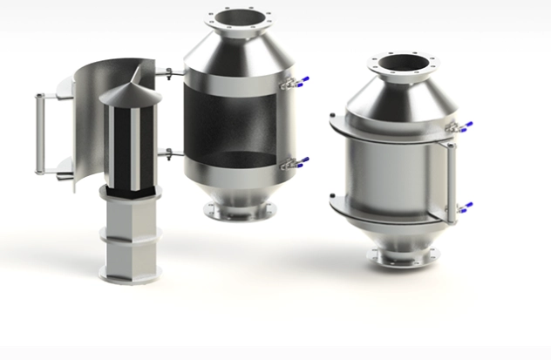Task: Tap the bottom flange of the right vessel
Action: point(402,258)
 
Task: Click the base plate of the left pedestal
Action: point(131,275)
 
